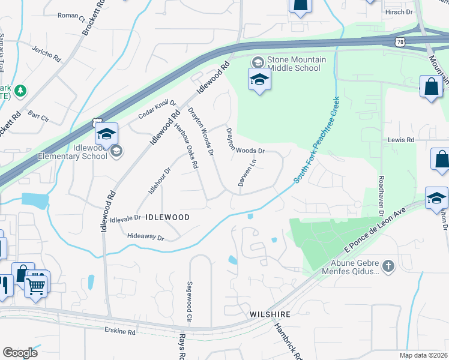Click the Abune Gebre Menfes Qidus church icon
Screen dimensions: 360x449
click(x=388, y=265)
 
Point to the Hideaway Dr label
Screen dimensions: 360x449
click(x=145, y=238)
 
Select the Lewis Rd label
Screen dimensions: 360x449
click(x=401, y=140)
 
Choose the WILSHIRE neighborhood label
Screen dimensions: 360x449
click(x=270, y=314)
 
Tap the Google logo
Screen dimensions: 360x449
click(x=20, y=353)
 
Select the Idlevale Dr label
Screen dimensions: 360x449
click(x=125, y=218)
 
